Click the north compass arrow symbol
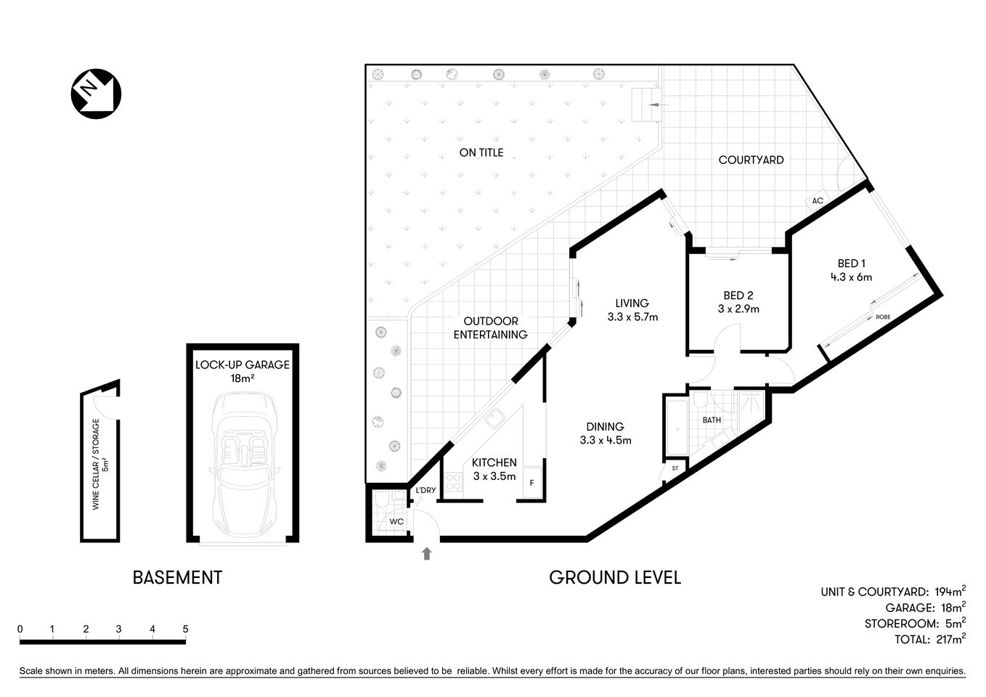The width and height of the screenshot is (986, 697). click(x=95, y=94)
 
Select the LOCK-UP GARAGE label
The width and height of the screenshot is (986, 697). click(x=243, y=364)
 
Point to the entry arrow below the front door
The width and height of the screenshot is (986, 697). click(x=426, y=554)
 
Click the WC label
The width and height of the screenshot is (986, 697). click(x=396, y=522)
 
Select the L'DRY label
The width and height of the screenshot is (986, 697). click(x=425, y=490)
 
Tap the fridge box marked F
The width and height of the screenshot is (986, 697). click(x=531, y=484)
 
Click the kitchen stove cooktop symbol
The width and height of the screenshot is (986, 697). click(x=454, y=481)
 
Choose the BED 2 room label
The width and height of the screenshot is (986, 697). click(x=738, y=295)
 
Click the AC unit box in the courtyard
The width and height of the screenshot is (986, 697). click(x=818, y=201)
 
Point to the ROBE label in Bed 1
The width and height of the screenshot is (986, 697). click(x=883, y=317)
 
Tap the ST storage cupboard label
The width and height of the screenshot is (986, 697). click(x=675, y=468)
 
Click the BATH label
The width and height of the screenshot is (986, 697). click(x=712, y=420)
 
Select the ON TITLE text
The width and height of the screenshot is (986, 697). click(x=481, y=152)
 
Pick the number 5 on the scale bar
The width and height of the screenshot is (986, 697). click(x=186, y=629)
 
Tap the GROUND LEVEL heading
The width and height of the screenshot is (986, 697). click(x=614, y=578)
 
